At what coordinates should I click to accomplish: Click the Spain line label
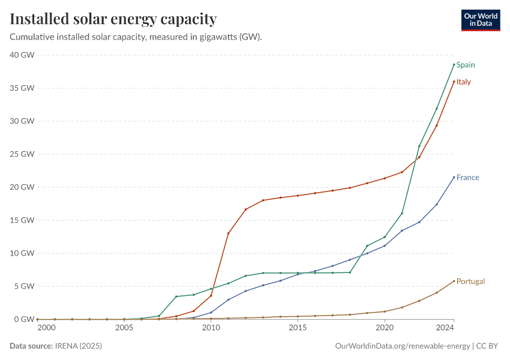[x=466, y=65]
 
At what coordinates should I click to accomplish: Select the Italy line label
[x=463, y=82]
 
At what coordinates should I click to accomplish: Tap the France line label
[x=467, y=178]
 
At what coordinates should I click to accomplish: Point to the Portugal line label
[x=470, y=281]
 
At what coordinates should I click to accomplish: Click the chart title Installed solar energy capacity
[x=113, y=19]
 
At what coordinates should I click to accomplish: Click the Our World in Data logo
[x=480, y=20]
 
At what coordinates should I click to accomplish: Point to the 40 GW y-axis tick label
[x=22, y=55]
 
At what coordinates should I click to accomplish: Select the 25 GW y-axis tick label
[x=22, y=154]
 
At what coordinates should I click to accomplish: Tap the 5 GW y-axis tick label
[x=25, y=286]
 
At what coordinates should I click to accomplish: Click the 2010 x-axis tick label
[x=211, y=328]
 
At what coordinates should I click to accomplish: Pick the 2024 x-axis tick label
[x=445, y=328]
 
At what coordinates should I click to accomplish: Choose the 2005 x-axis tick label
[x=124, y=328]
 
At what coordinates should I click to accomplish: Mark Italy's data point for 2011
[x=228, y=233]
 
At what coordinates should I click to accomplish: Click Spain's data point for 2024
[x=454, y=64]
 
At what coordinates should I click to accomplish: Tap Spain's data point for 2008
[x=176, y=296]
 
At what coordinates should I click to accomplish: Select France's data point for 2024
[x=454, y=177]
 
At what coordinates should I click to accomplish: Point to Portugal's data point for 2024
[x=454, y=281]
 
